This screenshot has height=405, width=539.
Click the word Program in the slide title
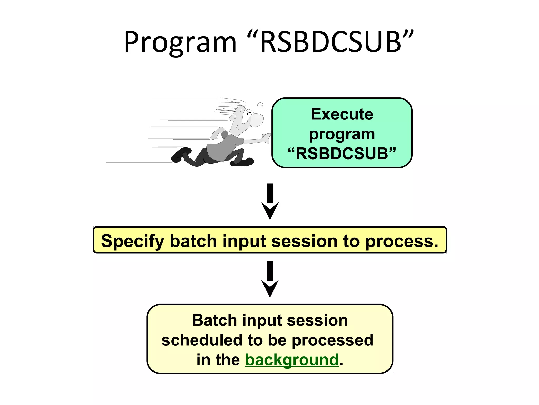point(180,42)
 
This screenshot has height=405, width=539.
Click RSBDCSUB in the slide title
point(331,42)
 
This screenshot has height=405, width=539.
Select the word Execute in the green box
point(342,114)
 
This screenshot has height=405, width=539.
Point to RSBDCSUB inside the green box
point(342,153)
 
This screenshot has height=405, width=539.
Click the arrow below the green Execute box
point(270,202)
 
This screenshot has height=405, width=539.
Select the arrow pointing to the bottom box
point(270,279)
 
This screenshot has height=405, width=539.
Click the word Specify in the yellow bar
point(133,241)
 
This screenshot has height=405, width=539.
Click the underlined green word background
point(292,360)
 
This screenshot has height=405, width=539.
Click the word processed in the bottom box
point(333,340)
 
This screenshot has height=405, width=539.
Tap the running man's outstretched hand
point(266,138)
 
